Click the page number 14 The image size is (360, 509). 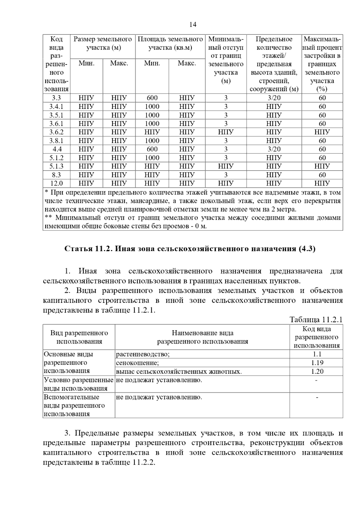coord(193,25)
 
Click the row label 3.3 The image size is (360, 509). coord(56,98)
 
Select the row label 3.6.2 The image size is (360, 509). coord(56,132)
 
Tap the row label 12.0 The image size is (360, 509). coord(56,183)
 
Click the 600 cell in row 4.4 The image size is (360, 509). coord(152,149)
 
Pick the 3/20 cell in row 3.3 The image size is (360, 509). coord(274,98)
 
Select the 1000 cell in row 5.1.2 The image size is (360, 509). coord(152,158)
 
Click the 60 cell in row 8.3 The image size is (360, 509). coord(322,175)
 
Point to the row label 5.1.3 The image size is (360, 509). coord(56,166)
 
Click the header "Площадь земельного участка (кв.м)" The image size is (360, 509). coord(170,43)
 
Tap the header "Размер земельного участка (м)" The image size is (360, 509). coord(103,43)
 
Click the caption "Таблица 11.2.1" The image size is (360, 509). coord(316,320)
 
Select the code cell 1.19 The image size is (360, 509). coord(317,363)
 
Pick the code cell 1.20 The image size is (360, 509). coord(317,371)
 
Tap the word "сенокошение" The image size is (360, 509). coord(137,363)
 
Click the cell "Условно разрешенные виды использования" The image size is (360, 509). coord(79,384)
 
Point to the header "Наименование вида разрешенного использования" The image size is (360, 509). coord(202,337)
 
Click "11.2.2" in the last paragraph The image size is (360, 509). coord(143,463)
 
